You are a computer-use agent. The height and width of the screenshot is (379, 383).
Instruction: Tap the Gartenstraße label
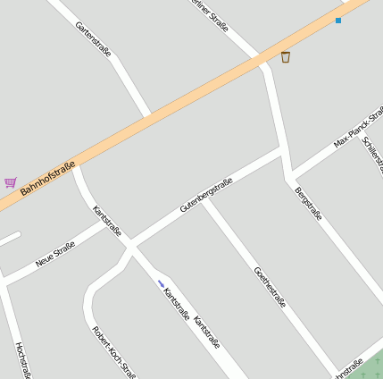(94, 39)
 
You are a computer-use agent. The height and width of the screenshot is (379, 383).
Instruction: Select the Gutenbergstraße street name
(206, 194)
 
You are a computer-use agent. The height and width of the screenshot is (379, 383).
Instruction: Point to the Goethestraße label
(270, 287)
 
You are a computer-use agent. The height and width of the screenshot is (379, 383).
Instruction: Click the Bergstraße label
(308, 203)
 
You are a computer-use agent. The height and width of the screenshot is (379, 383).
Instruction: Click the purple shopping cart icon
(11, 182)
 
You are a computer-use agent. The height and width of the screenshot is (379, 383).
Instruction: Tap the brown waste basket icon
(286, 57)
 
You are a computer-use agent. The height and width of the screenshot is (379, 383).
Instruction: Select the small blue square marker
(338, 20)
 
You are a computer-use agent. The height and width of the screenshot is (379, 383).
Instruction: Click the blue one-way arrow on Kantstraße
(162, 284)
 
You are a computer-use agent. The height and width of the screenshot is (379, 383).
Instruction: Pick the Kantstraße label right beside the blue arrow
(177, 303)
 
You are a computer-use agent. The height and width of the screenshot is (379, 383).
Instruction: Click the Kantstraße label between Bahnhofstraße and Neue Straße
(107, 220)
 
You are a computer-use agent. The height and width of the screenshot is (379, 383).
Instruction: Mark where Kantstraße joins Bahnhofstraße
(75, 165)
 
